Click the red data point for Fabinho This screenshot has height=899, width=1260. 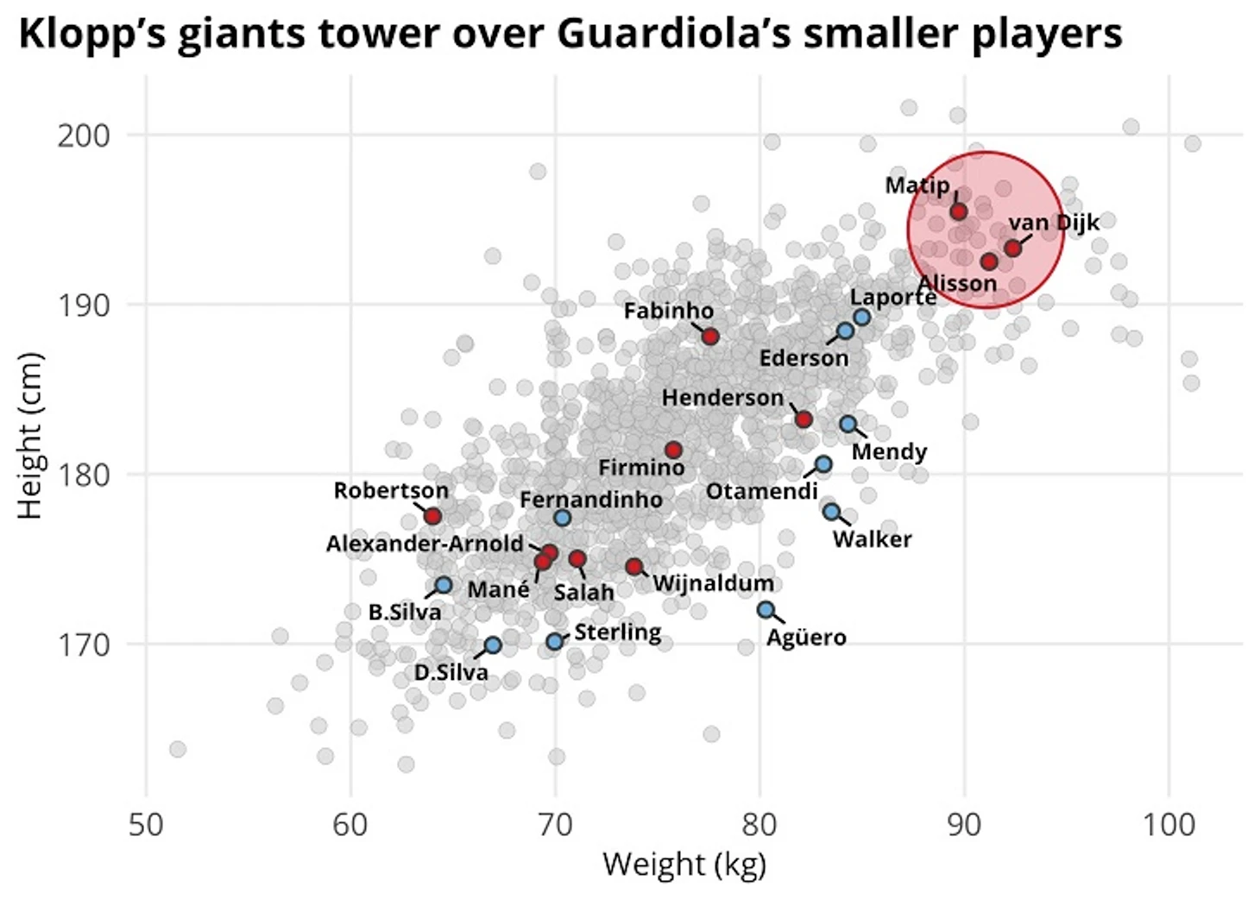point(710,336)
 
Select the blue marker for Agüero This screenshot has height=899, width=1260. point(765,610)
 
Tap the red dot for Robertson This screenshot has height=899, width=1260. point(433,516)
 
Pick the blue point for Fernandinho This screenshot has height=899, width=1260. point(563,518)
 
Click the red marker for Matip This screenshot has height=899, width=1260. point(958,211)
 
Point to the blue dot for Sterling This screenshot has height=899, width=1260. point(555,641)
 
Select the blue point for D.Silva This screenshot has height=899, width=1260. point(493,645)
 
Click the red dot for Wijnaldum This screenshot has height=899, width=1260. point(634,567)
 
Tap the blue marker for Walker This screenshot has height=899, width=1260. point(831,512)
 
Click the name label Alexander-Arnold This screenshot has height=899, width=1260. point(425,544)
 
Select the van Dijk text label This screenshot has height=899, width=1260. point(1055,223)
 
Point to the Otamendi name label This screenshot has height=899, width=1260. point(761,491)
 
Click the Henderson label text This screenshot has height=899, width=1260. point(722,398)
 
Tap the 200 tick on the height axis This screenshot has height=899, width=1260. point(84,135)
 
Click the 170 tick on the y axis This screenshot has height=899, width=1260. point(84,644)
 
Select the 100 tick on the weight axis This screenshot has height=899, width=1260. point(1169,825)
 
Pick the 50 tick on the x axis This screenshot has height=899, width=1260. point(146,825)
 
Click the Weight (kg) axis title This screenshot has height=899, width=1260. point(684,864)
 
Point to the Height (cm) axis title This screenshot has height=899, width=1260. point(30,435)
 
